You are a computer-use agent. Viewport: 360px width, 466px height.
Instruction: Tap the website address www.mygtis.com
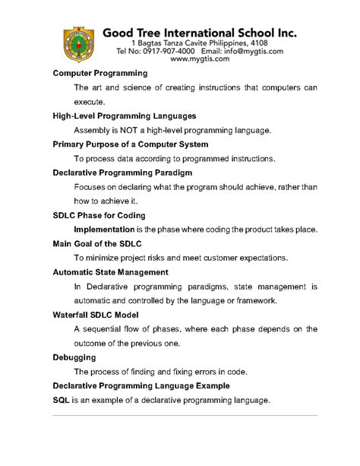(200, 59)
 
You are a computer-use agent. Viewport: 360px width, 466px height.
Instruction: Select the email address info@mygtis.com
(248, 51)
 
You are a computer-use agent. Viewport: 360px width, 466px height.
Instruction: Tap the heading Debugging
(74, 357)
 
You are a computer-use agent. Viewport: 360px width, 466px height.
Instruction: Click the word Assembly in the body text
(94, 131)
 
